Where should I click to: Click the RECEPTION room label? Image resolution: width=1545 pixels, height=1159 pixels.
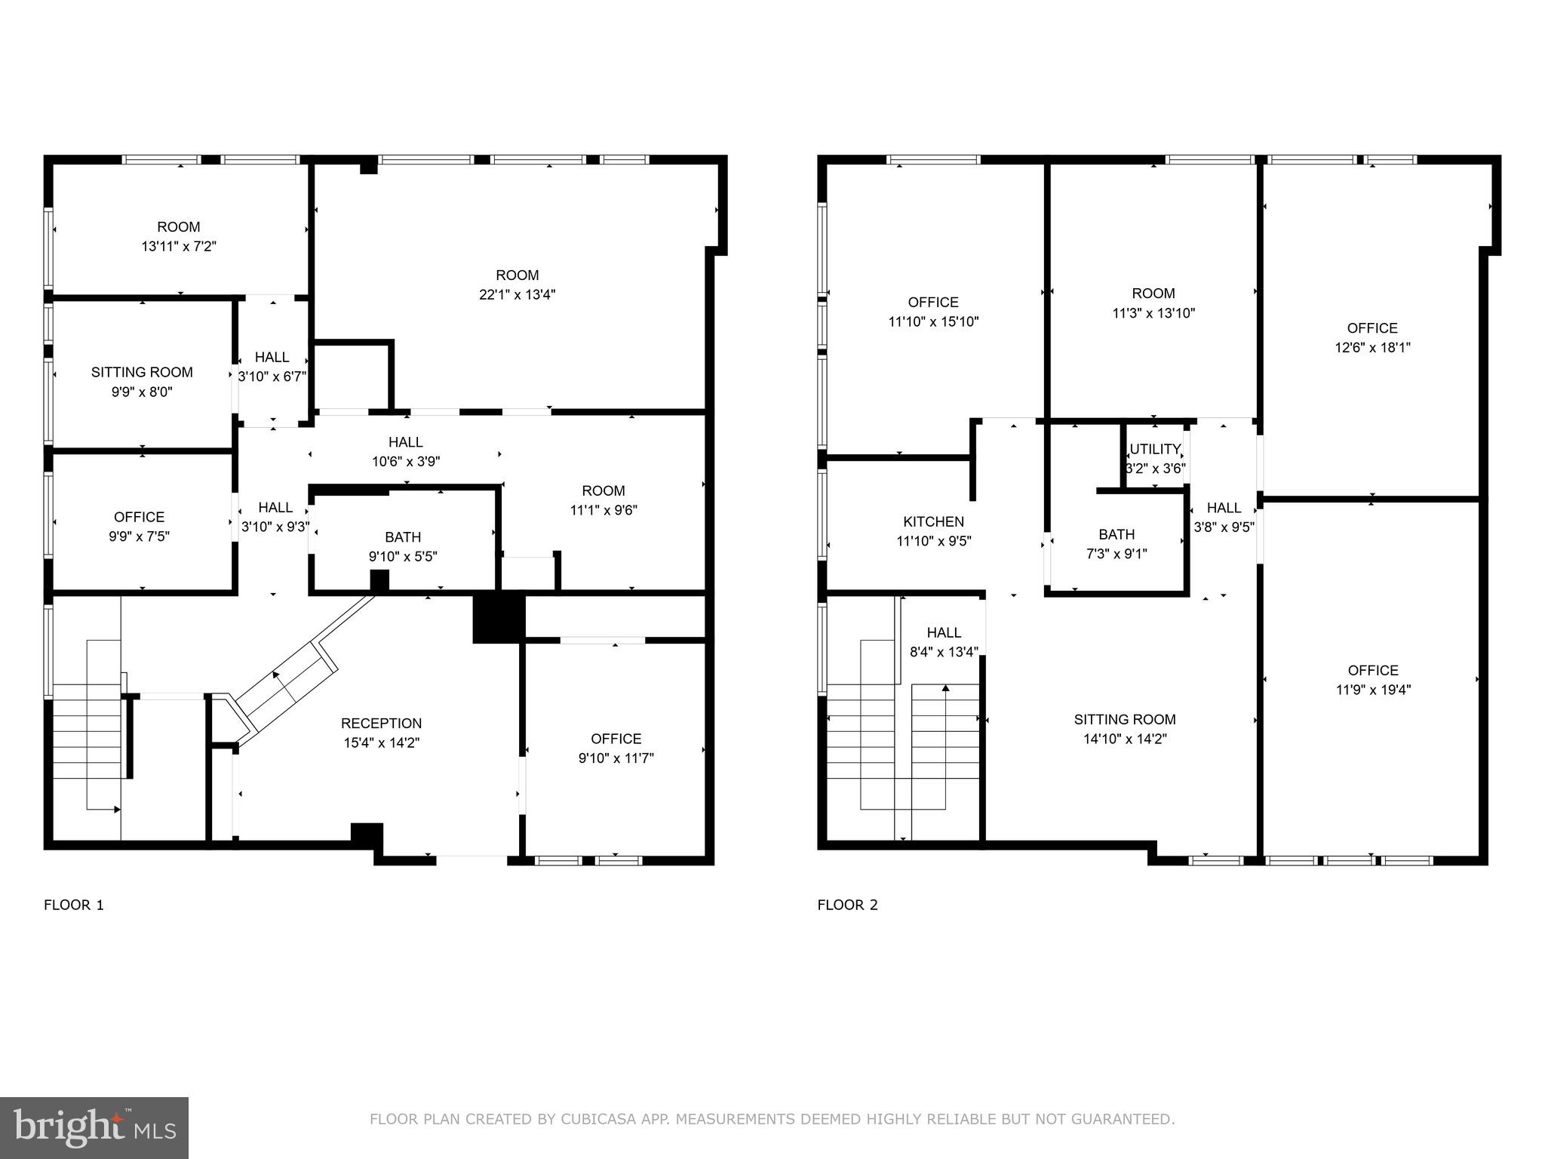[x=381, y=723]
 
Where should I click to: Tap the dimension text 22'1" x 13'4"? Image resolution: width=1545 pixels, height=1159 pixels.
[x=517, y=294]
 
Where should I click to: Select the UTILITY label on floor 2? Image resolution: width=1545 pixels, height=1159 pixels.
[x=1154, y=449]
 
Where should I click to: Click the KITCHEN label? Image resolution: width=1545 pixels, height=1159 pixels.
[x=933, y=521]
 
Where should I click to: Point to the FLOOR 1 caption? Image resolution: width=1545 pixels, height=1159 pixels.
[x=74, y=905]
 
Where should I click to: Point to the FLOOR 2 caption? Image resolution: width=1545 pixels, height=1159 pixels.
[x=847, y=905]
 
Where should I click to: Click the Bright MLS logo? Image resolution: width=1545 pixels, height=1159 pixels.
[x=94, y=1127]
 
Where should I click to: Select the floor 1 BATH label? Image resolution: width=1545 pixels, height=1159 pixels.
[x=403, y=537]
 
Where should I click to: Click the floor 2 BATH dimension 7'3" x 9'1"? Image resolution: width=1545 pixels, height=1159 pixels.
[x=1117, y=554]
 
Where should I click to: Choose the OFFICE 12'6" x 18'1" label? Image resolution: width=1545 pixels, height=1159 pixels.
[x=1372, y=328]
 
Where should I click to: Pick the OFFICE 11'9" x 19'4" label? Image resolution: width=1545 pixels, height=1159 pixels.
[x=1373, y=670]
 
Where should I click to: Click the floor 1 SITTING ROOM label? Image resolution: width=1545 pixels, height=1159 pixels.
[x=142, y=372]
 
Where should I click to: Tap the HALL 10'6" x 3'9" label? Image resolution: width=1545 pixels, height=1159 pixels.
[x=406, y=442]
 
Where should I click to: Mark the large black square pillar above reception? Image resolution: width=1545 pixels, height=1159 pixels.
[x=498, y=618]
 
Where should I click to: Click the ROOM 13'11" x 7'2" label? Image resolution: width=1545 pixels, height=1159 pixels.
[x=179, y=227]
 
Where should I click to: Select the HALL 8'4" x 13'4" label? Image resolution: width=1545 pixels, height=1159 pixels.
[x=944, y=632]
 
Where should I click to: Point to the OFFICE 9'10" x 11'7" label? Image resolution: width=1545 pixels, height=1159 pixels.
[x=616, y=739]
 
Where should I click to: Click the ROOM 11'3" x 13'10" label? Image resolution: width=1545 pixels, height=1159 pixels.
[x=1153, y=294]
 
